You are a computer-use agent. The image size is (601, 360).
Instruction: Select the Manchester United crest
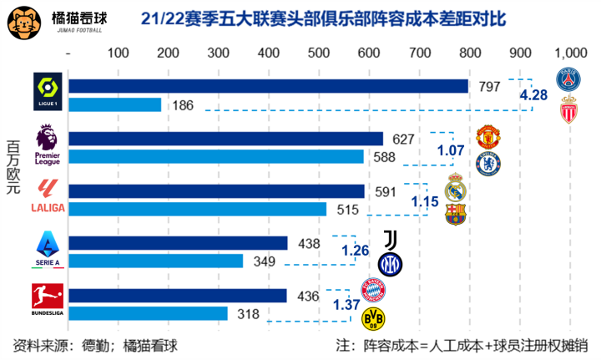[487, 136]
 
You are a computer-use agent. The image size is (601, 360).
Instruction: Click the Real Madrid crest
[455, 188]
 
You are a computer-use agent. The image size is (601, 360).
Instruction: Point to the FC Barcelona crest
[455, 214]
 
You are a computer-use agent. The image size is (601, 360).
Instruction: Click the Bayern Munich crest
[373, 290]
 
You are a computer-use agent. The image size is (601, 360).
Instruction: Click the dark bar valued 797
[267, 86]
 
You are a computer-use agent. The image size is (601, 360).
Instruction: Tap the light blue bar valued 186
[114, 104]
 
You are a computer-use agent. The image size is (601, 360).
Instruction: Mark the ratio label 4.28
[533, 95]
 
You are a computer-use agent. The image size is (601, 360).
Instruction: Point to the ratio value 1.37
[346, 305]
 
